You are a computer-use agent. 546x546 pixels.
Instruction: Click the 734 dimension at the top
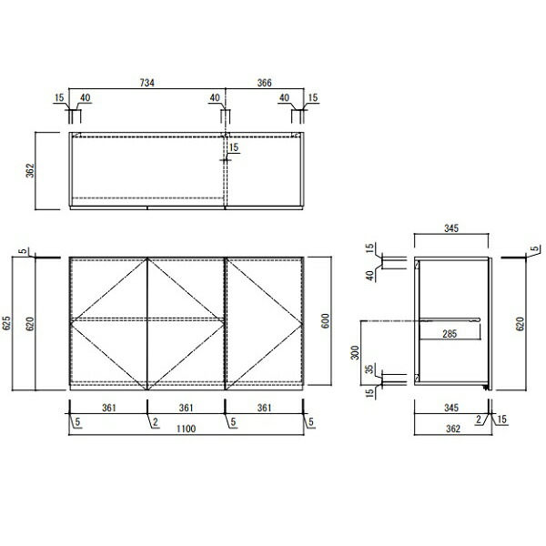(147, 83)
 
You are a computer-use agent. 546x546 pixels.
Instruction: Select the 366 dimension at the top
(264, 83)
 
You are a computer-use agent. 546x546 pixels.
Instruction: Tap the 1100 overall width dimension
(186, 429)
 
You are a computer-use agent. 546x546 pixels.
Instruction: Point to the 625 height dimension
(7, 323)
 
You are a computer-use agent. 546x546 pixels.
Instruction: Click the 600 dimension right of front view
(325, 320)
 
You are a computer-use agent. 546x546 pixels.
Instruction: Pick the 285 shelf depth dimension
(450, 334)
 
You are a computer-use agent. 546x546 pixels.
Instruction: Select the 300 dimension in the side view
(355, 353)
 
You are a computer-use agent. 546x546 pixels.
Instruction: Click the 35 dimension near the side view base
(369, 369)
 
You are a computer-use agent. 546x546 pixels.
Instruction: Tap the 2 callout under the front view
(156, 422)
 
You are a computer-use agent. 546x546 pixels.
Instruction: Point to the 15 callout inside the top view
(234, 147)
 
